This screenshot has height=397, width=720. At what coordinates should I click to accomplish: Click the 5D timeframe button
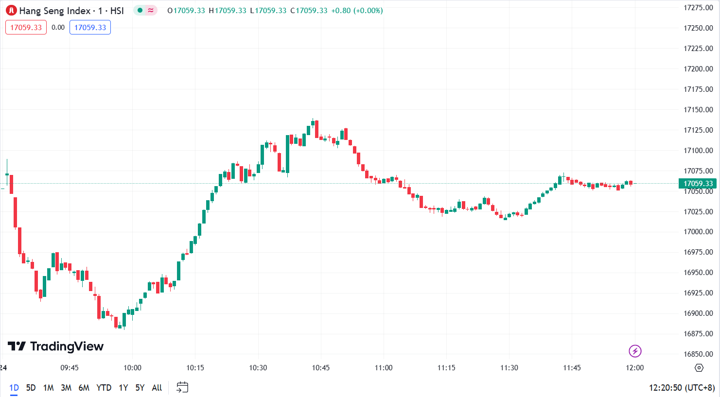[x=31, y=388]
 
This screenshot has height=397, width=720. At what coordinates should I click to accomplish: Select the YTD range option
[x=104, y=388]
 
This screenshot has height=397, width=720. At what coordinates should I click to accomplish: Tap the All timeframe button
[x=157, y=388]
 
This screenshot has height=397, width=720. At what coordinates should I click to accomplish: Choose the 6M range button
[x=84, y=388]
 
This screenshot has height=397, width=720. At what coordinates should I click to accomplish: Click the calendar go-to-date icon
[x=182, y=387]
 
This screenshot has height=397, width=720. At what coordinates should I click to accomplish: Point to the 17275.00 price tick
[x=698, y=8]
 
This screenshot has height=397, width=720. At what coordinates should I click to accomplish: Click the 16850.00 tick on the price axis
[x=698, y=354]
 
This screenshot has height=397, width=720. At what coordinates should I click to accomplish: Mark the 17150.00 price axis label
[x=698, y=110]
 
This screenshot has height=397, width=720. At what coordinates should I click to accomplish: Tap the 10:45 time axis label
[x=321, y=368]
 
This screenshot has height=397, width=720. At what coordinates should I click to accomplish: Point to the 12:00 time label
[x=634, y=368]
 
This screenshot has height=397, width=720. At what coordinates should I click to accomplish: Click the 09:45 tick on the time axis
[x=70, y=368]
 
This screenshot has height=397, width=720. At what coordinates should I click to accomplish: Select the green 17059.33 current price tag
[x=698, y=184]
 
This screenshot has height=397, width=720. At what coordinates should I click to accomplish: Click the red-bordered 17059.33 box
[x=26, y=28]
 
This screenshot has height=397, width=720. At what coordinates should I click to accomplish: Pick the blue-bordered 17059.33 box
[x=90, y=28]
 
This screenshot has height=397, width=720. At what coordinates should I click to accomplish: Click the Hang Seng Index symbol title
[x=71, y=11]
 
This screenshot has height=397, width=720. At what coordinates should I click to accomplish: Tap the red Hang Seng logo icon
[x=11, y=11]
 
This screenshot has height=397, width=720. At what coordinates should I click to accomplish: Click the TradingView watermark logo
[x=56, y=346]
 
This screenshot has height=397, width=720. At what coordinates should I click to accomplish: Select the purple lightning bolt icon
[x=635, y=351]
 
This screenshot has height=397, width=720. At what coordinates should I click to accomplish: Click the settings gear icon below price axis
[x=699, y=368]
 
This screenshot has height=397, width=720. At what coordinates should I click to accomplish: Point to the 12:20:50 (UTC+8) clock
[x=682, y=388]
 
